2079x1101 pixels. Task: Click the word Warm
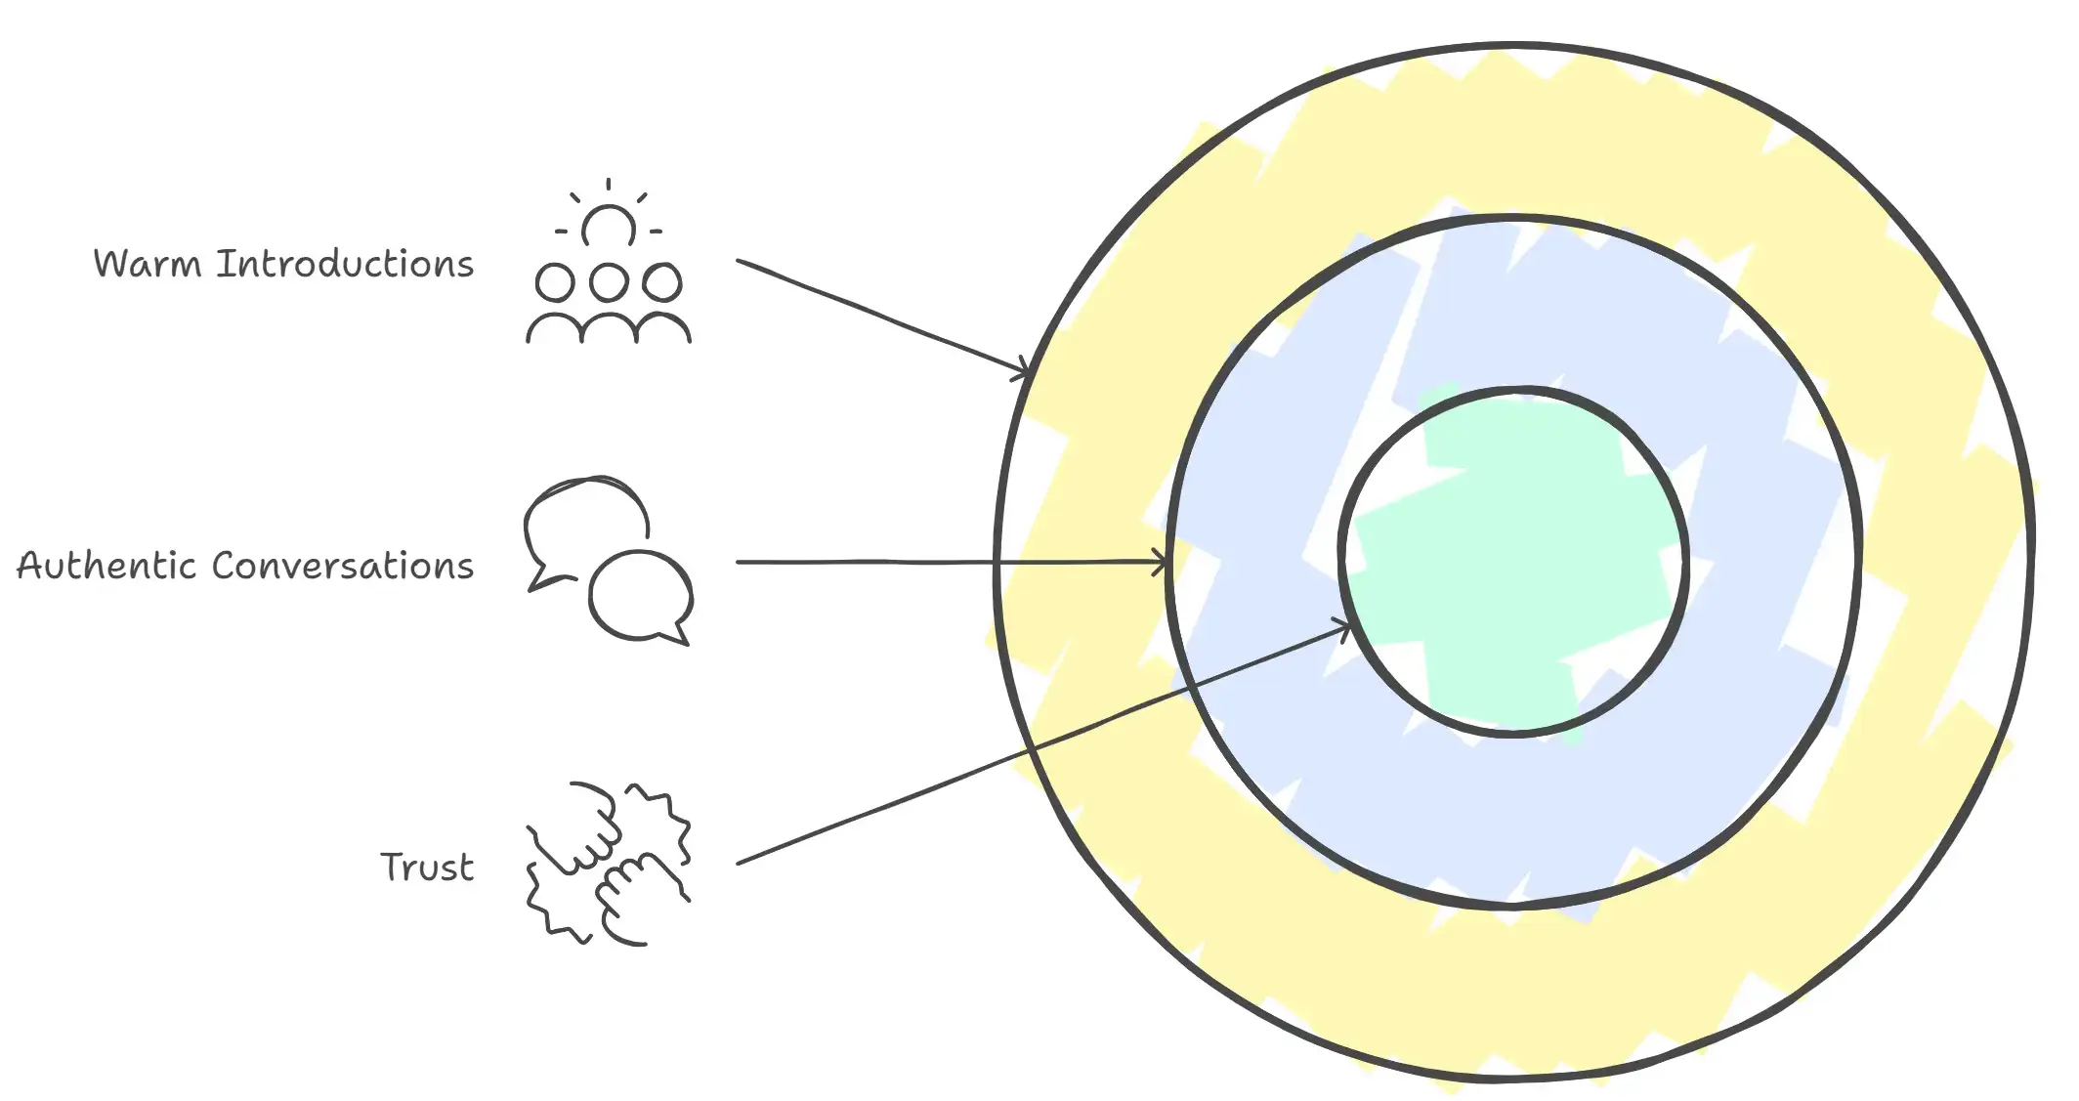147,264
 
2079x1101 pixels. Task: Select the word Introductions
345,264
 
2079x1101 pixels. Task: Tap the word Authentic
107,566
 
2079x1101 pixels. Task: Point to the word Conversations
343,566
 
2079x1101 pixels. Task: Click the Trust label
427,867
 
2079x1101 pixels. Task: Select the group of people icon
609,261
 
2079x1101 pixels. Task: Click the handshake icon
609,864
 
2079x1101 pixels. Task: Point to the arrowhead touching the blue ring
1158,562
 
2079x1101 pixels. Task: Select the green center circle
1513,561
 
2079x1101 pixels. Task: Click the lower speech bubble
641,597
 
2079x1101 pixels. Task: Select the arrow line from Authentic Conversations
952,562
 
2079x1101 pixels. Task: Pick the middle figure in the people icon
609,303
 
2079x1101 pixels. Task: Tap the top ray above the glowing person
609,186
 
